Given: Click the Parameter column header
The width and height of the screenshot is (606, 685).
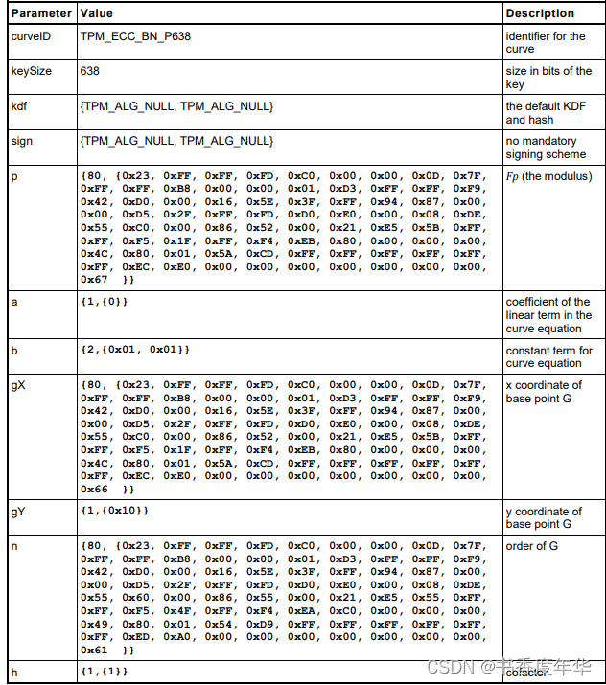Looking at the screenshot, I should [41, 14].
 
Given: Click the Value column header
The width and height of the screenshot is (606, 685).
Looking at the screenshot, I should [97, 14].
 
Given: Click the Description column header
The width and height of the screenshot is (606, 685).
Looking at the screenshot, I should [540, 14].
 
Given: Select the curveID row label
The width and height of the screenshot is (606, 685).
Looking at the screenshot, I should [32, 36].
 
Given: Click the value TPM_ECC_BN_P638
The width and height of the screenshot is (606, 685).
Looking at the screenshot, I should [135, 36].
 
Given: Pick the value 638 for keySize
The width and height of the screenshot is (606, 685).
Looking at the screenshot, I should [90, 71].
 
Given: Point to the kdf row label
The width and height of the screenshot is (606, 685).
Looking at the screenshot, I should [19, 106].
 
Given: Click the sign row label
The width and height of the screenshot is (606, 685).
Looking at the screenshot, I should [21, 141].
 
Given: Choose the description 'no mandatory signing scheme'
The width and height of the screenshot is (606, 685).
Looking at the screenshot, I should [546, 148].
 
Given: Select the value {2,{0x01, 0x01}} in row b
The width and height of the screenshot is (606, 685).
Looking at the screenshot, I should [135, 351].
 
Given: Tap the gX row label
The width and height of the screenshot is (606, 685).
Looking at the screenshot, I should [19, 385].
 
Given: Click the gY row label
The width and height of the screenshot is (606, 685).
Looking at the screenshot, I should [19, 512].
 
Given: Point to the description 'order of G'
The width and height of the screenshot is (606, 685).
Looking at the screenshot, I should [532, 546].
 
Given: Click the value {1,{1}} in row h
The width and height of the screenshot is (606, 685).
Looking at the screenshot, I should [104, 672].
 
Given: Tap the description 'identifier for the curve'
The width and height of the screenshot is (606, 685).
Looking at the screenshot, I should [545, 43].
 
